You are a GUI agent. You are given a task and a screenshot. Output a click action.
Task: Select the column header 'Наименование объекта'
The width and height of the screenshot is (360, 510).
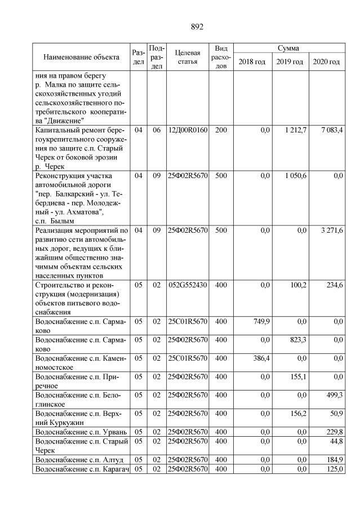pyautogui.click(x=81, y=57)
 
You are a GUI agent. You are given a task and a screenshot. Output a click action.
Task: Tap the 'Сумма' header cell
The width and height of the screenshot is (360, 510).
pyautogui.click(x=288, y=48)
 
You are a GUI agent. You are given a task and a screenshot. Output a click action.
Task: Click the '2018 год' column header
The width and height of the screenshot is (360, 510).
pyautogui.click(x=252, y=61)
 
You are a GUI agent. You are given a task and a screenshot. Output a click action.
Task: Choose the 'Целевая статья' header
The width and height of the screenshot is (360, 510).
pyautogui.click(x=188, y=57)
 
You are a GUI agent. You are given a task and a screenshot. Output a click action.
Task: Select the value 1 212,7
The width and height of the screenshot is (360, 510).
pyautogui.click(x=294, y=130)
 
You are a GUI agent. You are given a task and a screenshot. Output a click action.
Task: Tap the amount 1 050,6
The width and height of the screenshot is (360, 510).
pyautogui.click(x=294, y=176)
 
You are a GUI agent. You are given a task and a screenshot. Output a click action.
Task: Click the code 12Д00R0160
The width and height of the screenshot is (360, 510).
pyautogui.click(x=188, y=130)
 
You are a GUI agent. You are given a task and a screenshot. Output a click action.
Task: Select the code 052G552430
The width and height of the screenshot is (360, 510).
pyautogui.click(x=188, y=285)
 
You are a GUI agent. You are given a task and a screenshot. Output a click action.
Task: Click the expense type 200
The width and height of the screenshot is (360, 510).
pyautogui.click(x=221, y=130)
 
